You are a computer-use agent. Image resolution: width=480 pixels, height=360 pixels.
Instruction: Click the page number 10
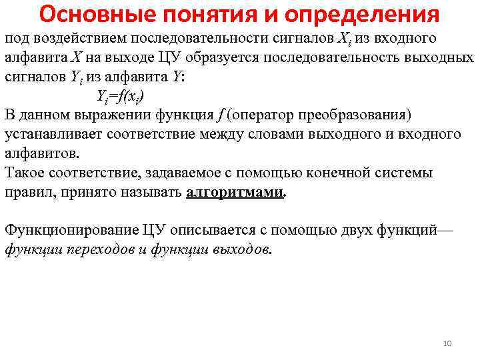tap(447, 343)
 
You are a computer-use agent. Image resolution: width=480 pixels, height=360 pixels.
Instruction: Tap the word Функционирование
tap(72, 230)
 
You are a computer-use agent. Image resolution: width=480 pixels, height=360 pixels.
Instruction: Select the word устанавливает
tap(50, 134)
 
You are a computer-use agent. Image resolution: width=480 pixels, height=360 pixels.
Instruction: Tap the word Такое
tap(26, 173)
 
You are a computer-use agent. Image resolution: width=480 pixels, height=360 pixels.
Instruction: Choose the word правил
tap(25, 193)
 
